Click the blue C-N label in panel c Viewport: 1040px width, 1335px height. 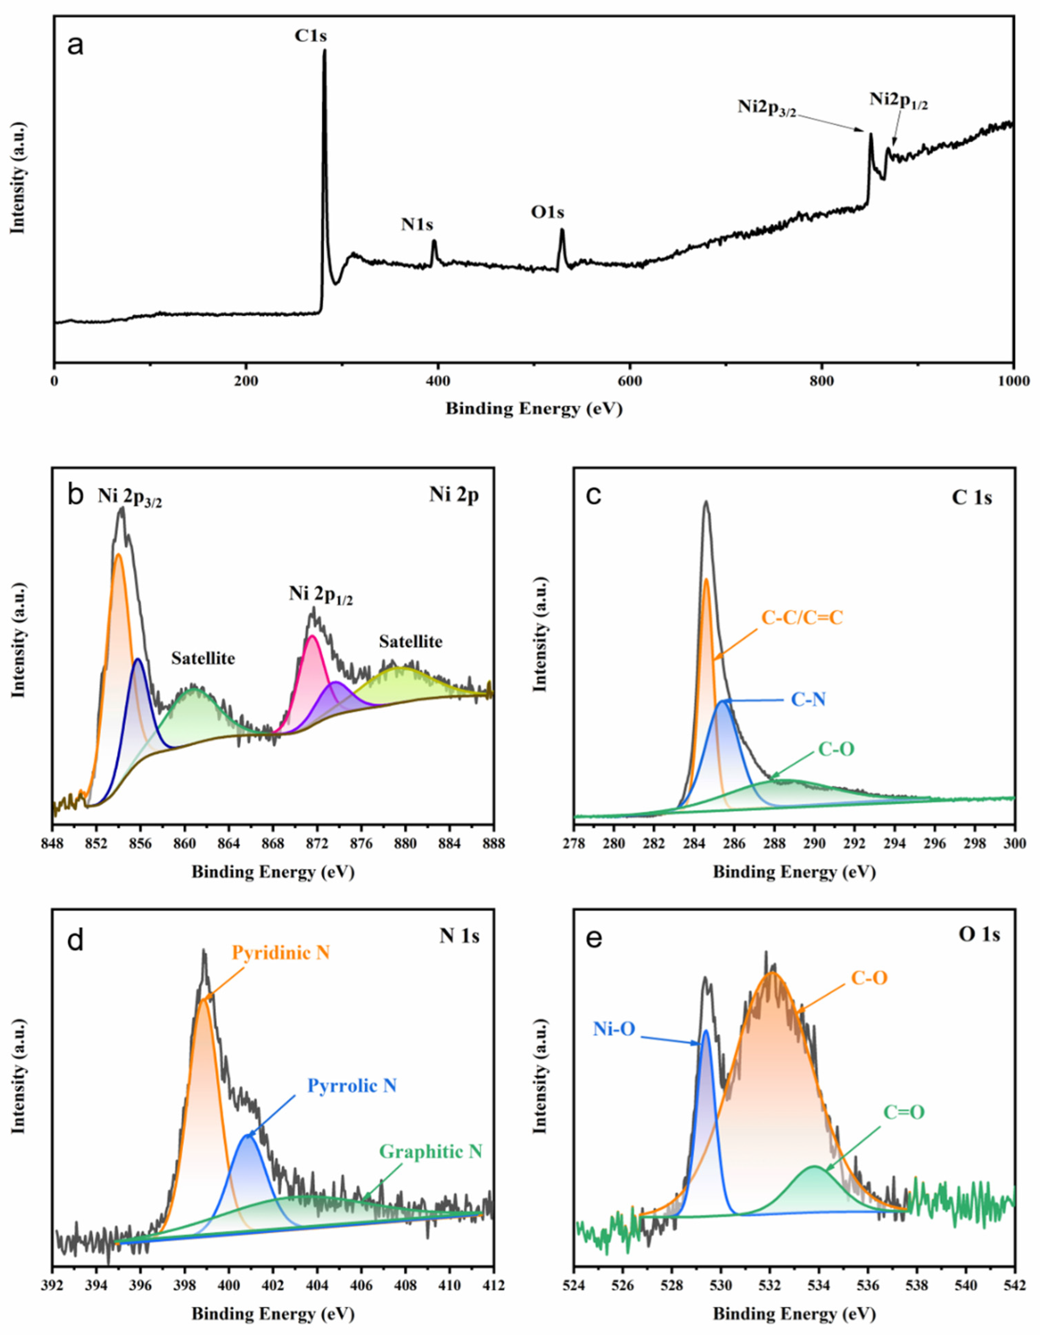point(809,700)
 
